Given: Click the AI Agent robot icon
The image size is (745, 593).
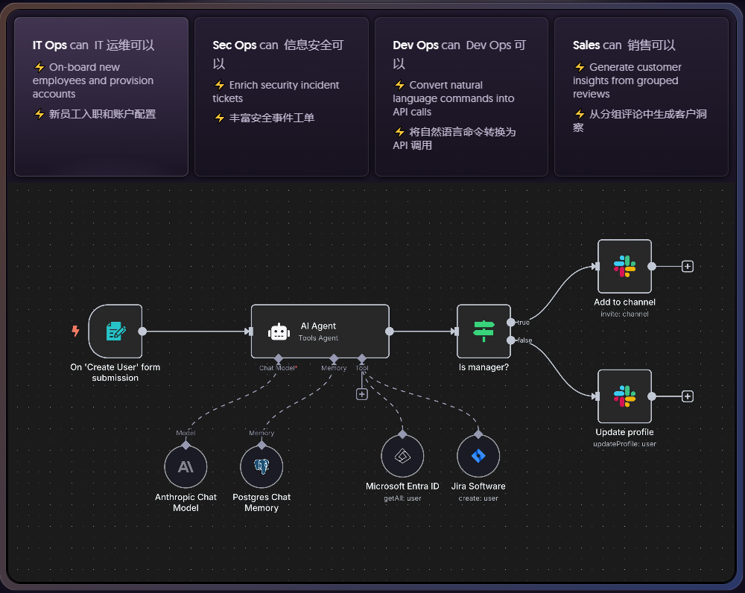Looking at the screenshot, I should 279,332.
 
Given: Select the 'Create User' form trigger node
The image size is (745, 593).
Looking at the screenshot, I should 115,332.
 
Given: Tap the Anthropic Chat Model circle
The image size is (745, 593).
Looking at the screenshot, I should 186,467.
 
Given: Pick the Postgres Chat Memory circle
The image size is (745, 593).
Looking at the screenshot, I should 261,467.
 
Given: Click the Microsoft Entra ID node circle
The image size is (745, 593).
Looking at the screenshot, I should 402,456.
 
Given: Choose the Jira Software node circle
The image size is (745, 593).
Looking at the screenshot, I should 478,456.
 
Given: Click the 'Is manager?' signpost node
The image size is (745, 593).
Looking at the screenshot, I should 484,332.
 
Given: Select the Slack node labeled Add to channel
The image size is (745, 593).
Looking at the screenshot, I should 624,266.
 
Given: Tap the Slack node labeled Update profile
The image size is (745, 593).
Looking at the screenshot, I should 624,396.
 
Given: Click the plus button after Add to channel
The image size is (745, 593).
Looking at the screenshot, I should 688,266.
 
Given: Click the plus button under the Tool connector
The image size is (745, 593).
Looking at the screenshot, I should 362,394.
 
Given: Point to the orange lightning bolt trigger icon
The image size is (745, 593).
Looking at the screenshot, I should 75,332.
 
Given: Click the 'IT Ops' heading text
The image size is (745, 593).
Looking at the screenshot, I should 49,45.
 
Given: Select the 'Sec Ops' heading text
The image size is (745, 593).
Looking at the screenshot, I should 234,45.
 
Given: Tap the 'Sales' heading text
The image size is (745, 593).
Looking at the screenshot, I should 586,45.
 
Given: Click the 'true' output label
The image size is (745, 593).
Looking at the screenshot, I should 523,323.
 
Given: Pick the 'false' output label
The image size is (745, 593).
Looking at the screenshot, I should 524,340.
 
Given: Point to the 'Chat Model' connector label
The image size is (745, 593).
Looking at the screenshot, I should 277,368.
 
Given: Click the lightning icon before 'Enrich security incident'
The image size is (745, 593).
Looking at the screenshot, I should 220,86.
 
